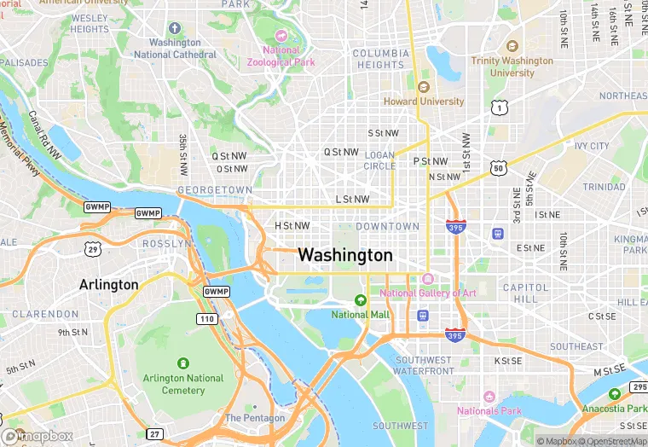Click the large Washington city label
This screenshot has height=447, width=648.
(345, 255)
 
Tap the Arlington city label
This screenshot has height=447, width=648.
(108, 284)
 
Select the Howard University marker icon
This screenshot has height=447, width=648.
(424, 87)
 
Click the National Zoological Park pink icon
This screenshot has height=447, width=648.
(281, 35)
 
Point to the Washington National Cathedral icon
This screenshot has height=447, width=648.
(176, 28)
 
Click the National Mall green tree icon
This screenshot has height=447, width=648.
(361, 300)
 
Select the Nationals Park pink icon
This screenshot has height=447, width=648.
(489, 397)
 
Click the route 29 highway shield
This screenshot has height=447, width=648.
(92, 248)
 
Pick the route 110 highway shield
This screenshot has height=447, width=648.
(206, 318)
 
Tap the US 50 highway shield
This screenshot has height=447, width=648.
(498, 168)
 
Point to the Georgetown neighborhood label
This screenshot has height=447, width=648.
(215, 189)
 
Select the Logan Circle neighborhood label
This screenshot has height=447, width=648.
(379, 160)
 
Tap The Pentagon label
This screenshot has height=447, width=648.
(255, 418)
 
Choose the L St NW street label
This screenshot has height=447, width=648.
(352, 200)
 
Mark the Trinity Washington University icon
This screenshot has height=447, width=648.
(512, 47)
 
